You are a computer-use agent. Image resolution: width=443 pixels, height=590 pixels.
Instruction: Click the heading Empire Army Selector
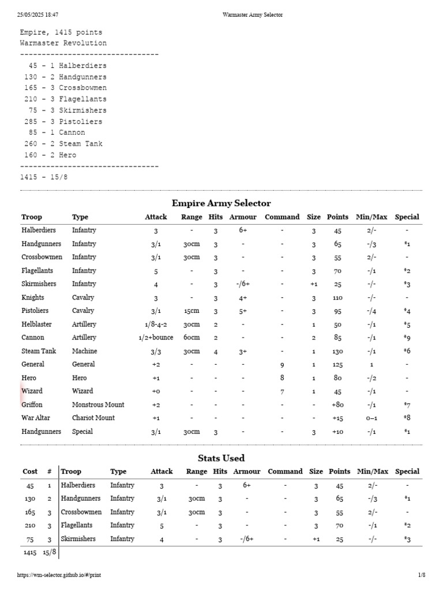coord(221,203)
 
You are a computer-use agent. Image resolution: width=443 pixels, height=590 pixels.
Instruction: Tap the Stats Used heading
coord(221,458)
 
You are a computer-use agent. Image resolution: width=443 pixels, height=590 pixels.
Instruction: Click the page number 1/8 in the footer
coord(421,574)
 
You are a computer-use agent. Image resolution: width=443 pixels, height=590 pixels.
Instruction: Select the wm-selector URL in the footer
coord(63,574)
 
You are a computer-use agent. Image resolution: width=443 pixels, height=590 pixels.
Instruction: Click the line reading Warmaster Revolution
coord(63,43)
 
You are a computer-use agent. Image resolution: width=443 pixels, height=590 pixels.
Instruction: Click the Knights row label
coord(33,297)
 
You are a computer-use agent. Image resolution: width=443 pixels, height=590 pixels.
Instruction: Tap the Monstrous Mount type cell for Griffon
coord(98,404)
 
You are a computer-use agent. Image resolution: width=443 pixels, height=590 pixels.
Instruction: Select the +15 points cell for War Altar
coord(337,418)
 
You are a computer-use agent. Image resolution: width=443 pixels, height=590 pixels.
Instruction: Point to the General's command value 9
coord(281,364)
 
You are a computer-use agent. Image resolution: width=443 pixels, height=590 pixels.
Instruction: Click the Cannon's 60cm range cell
coord(192,338)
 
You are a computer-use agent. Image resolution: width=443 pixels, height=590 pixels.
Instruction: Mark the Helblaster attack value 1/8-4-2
coord(156,324)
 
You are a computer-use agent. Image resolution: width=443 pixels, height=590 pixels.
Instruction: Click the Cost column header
coord(30,471)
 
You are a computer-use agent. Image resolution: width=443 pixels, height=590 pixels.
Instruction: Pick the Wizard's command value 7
coord(281,391)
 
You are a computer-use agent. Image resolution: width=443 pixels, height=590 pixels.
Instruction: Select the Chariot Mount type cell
coord(93,418)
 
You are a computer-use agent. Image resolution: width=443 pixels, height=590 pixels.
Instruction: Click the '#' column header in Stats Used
coord(50,471)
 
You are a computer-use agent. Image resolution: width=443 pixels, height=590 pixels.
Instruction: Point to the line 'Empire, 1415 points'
coord(61,32)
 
